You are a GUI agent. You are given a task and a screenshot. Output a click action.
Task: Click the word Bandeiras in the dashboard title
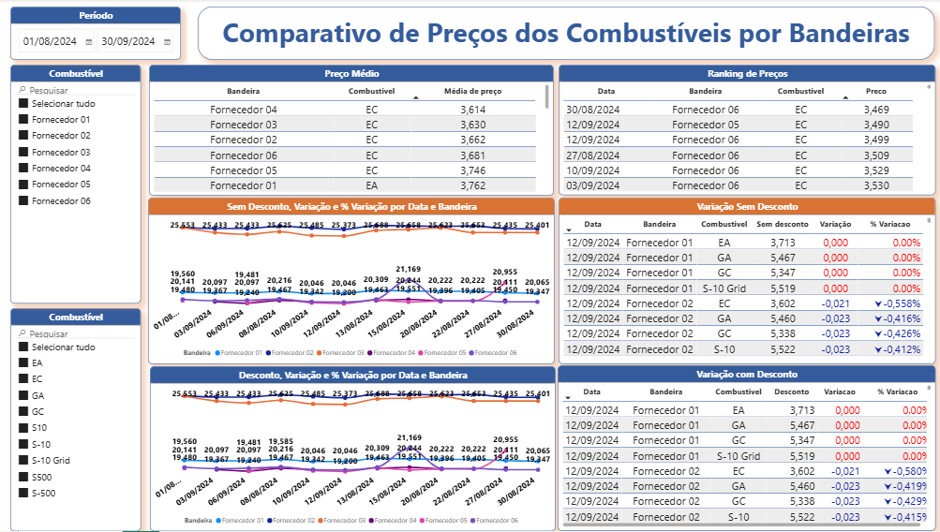coord(849,34)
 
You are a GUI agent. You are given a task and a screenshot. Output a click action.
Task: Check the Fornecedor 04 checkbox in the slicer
coord(23,169)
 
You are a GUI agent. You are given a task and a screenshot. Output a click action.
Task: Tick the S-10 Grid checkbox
coord(23,460)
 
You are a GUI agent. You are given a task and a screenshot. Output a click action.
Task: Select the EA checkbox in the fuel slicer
coord(23,362)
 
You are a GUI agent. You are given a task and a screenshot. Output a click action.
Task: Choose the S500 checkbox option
coord(23,477)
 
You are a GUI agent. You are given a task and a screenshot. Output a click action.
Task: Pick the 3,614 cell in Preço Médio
coord(472,110)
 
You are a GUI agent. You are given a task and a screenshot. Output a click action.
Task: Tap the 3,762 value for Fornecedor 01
coord(472,185)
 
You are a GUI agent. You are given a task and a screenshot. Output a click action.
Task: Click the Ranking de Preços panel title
coord(747,73)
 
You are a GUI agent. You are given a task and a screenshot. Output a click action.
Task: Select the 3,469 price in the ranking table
coord(875,110)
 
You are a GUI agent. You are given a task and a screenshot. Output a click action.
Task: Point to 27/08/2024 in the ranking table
coord(592,155)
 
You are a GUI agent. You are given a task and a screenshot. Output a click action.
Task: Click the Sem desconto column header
coord(782,225)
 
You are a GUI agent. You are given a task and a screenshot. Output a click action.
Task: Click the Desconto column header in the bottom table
coord(792,392)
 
